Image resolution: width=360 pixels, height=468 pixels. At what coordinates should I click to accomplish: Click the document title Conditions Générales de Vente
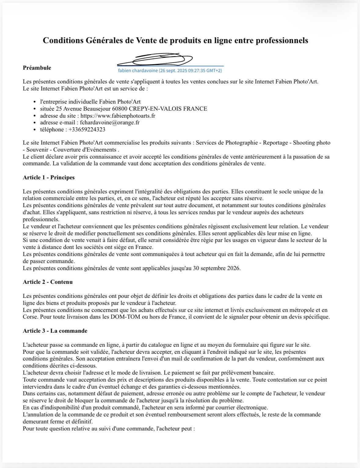click(175, 41)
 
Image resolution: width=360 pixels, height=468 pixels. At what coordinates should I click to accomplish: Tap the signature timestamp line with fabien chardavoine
click(170, 71)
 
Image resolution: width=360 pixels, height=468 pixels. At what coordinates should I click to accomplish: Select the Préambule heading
click(37, 68)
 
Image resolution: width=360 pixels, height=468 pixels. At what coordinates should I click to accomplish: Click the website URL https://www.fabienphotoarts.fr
click(118, 116)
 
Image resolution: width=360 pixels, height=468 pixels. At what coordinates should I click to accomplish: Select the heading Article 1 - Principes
click(49, 177)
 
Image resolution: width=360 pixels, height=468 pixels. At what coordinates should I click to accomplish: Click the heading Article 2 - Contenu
click(48, 282)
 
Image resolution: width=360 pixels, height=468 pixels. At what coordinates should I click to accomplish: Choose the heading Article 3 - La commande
click(55, 331)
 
